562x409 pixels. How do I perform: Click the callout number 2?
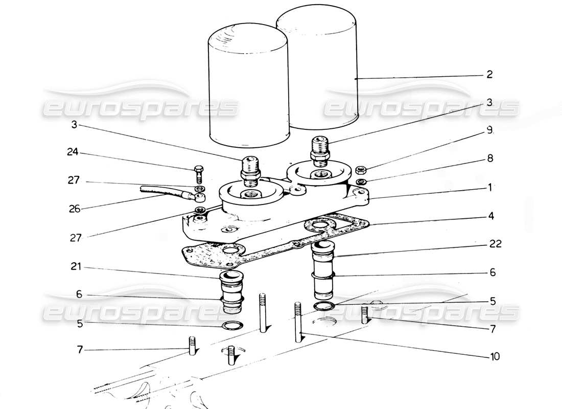(x=489, y=75)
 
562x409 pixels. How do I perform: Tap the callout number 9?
(x=489, y=131)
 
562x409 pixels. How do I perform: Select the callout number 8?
(x=489, y=159)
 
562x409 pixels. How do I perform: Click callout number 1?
(x=489, y=188)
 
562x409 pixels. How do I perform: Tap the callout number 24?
(x=74, y=152)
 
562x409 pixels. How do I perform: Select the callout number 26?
(x=74, y=209)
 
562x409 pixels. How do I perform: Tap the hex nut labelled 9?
(x=361, y=170)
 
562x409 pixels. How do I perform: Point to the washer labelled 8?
(x=361, y=181)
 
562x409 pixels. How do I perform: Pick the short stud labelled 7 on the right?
(x=365, y=313)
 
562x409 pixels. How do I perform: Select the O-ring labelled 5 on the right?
(x=324, y=306)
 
